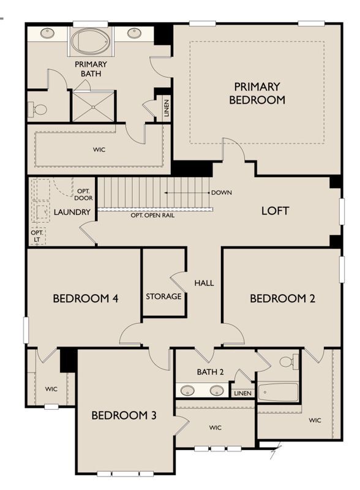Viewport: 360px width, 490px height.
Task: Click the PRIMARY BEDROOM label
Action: pos(257,93)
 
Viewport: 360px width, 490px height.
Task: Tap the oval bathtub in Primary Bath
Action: pos(91,42)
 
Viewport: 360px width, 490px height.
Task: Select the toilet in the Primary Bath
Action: pos(37,110)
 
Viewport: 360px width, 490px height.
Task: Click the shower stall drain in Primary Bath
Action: pos(93,107)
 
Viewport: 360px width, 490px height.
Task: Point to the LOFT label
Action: pos(275,211)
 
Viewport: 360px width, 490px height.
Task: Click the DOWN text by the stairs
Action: pos(222,192)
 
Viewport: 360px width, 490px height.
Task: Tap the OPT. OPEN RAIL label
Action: pos(152,216)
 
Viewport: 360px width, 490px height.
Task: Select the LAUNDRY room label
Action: pos(72,212)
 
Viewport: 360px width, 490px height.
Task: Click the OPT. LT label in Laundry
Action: pos(37,236)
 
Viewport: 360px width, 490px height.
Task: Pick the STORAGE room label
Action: pos(163,296)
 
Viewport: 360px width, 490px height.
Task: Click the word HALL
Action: pos(204,283)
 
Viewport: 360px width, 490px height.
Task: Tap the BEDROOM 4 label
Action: pos(85,298)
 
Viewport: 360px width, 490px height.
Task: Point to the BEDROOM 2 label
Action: pos(282,298)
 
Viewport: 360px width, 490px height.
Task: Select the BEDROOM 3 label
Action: pos(124,415)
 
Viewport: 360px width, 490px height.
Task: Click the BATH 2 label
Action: pos(211,372)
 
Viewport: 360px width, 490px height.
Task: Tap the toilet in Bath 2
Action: pos(289,361)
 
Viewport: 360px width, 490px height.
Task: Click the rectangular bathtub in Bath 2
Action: pos(278,392)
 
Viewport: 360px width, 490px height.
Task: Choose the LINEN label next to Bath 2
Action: pos(242,393)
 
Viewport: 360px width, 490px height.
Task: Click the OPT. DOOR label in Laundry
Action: pos(83,195)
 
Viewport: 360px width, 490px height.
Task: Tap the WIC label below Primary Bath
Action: pos(99,149)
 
